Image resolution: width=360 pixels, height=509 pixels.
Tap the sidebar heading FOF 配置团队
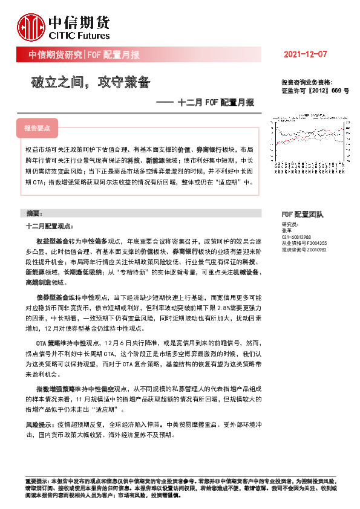[x=303, y=215]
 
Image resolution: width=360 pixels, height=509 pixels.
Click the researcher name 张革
[x=287, y=230]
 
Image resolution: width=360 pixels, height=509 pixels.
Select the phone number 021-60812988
[x=296, y=237]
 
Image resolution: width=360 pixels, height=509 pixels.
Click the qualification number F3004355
[x=315, y=243]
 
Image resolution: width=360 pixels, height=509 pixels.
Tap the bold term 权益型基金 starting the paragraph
[x=51, y=240]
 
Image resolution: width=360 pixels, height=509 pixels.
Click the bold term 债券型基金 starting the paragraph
[x=51, y=298]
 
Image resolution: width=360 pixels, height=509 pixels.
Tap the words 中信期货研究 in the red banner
[x=56, y=55]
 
